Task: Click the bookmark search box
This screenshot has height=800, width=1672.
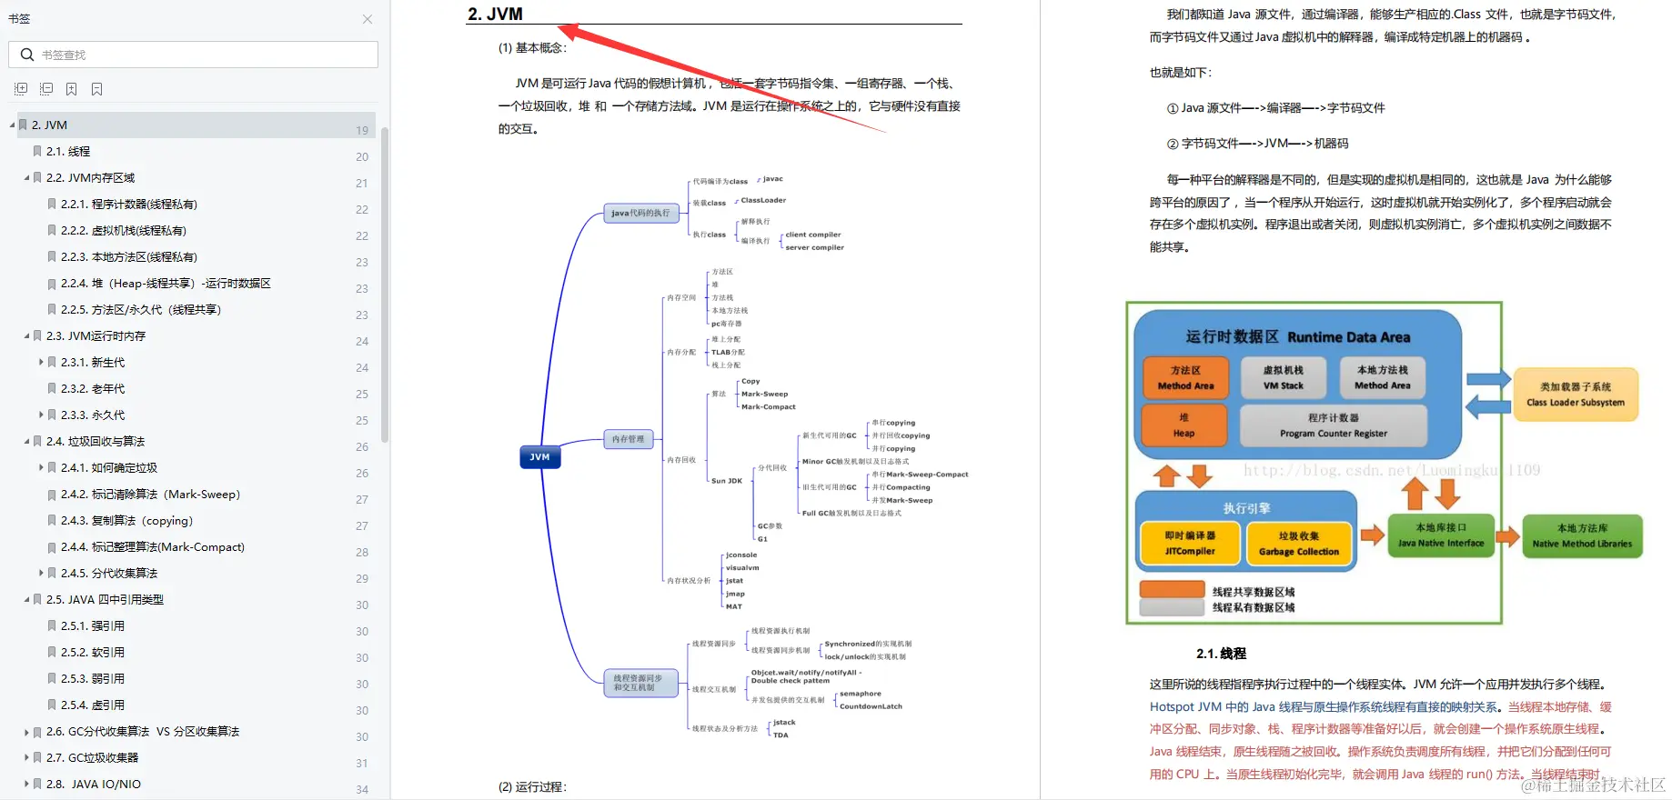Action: [200, 55]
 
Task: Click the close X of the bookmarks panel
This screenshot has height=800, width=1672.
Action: [368, 19]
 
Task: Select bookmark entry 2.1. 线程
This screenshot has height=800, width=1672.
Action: [68, 152]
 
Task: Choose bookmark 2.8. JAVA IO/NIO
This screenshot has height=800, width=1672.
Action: [94, 785]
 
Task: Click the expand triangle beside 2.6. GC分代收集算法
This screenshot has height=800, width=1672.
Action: [26, 732]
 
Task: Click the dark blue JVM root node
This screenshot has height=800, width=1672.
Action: [539, 457]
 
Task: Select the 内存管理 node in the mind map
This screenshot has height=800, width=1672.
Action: [628, 439]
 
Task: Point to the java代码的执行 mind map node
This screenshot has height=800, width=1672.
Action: [640, 214]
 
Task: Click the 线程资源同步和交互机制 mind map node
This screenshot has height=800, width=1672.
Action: [640, 683]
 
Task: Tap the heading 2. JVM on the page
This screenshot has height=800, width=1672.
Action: [495, 14]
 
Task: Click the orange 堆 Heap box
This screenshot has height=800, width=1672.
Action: [1183, 425]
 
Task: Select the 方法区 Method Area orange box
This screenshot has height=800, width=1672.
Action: [1185, 378]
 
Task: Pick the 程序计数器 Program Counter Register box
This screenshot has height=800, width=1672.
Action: [1333, 425]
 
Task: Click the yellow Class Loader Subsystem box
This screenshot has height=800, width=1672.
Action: [1575, 395]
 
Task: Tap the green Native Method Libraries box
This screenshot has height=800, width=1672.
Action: [1581, 535]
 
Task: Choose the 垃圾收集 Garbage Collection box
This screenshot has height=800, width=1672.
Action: [1298, 544]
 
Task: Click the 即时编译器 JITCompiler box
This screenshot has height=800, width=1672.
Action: [1190, 544]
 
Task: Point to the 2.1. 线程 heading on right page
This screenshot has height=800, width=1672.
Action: [1221, 654]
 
